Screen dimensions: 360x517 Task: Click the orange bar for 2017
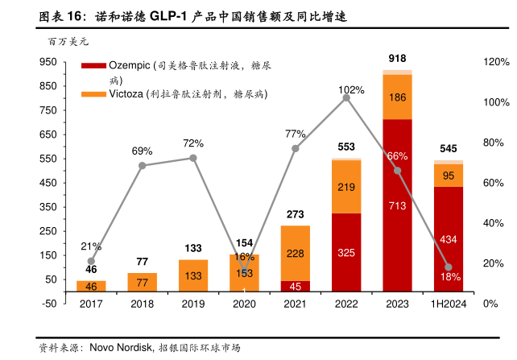pos(91,286)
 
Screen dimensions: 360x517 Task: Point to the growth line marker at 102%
pos(346,97)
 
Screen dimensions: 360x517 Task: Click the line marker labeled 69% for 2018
pos(143,165)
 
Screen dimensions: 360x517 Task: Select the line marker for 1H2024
pos(449,267)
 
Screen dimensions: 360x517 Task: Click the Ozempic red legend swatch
pos(93,65)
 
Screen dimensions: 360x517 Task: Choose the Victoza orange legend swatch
pos(93,94)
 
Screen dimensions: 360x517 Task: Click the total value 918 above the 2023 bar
pos(397,58)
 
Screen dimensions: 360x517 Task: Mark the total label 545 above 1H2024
pos(449,149)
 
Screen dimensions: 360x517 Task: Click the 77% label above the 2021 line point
pos(296,134)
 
